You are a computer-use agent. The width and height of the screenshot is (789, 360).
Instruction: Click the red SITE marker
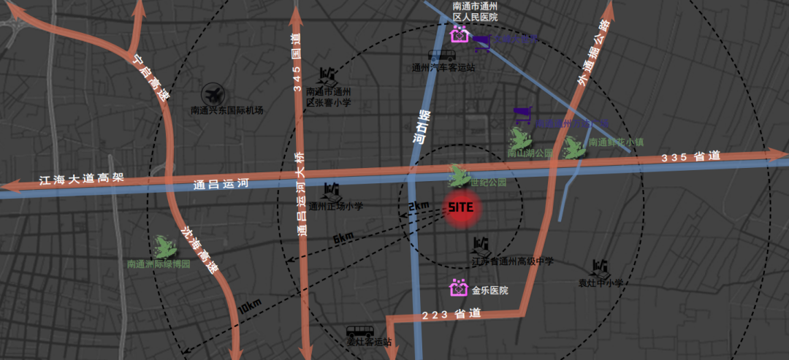461,207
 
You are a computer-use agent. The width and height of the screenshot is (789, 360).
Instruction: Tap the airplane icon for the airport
214,93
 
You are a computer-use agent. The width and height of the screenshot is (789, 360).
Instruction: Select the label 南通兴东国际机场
226,110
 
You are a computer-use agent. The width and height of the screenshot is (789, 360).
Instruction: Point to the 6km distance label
343,238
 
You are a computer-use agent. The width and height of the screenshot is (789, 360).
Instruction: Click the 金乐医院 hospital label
489,290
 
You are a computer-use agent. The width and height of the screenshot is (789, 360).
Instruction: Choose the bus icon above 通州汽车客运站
442,54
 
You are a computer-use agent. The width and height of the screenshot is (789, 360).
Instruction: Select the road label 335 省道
691,156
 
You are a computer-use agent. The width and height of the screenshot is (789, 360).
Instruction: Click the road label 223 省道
452,314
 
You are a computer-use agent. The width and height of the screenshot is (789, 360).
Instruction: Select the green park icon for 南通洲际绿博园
162,247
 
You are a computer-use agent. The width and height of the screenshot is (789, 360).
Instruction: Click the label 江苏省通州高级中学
512,261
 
